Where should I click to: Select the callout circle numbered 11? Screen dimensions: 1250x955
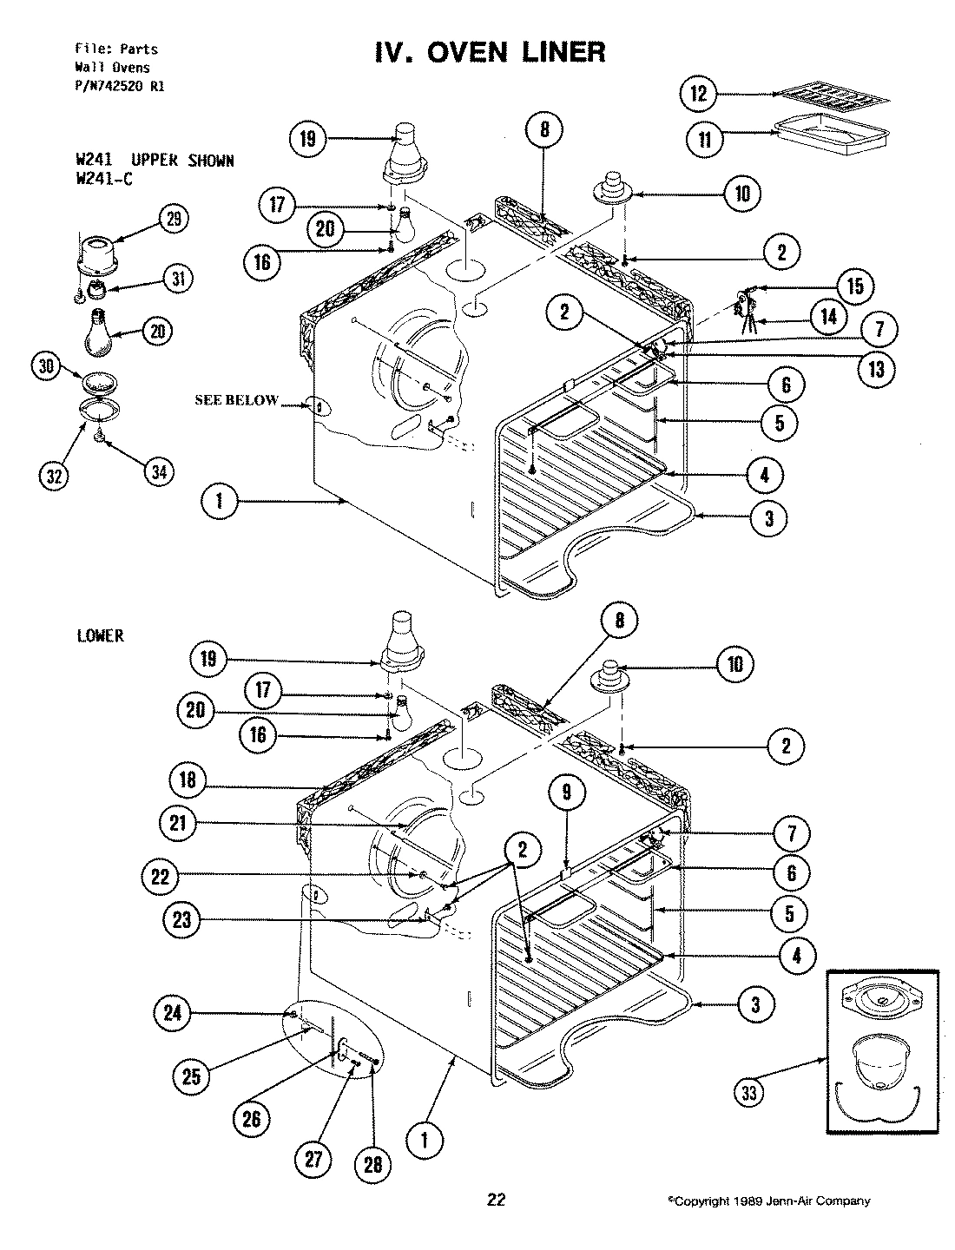pos(704,140)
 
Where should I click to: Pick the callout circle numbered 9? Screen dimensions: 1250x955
pos(566,792)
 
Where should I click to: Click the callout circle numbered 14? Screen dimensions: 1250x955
pos(828,316)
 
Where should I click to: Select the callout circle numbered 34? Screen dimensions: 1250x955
pos(158,471)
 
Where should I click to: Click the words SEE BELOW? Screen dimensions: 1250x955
pos(236,400)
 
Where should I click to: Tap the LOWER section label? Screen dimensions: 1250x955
pos(100,636)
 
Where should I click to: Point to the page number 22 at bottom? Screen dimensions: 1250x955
pos(496,1201)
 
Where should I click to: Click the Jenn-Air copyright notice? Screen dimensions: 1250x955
pos(767,1201)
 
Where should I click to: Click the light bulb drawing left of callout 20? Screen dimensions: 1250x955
pos(102,332)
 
